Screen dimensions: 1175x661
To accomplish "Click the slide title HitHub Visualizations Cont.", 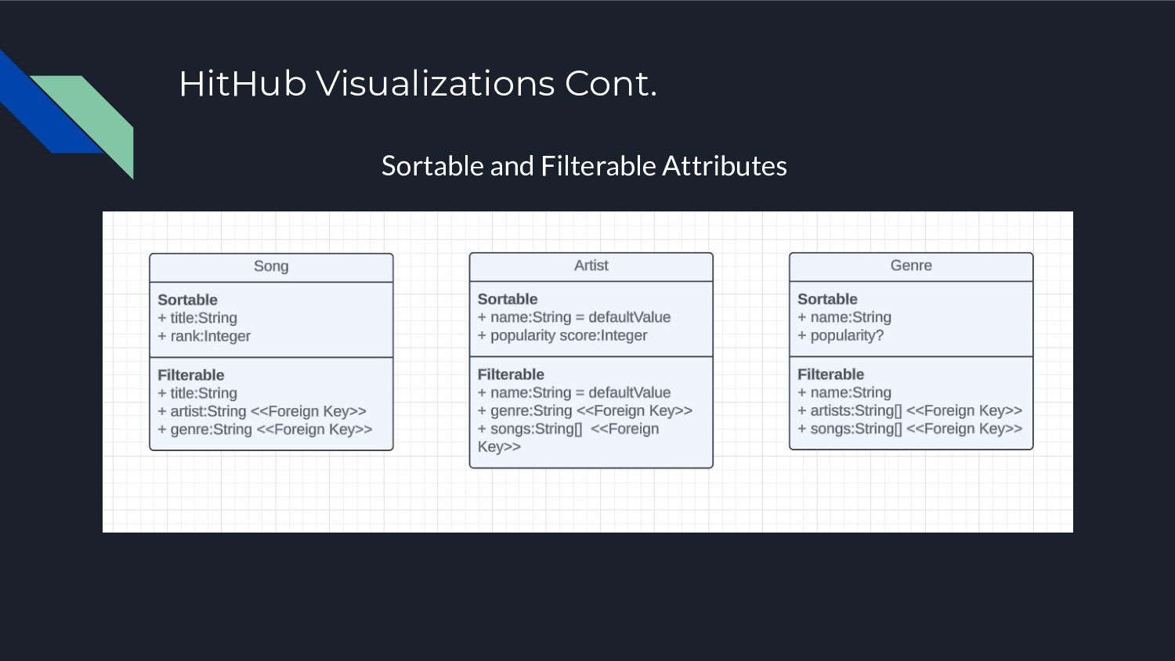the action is click(418, 84).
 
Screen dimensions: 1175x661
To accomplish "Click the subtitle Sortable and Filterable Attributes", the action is click(584, 166).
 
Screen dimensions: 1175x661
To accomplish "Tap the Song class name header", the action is click(271, 266).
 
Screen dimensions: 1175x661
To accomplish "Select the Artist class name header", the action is click(591, 265).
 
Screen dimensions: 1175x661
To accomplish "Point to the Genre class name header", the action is click(911, 265).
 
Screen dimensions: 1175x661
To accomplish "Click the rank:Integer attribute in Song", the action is click(204, 336).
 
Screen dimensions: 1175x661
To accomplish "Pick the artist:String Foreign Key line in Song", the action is click(262, 411).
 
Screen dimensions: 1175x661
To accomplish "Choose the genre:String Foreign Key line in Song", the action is click(266, 429).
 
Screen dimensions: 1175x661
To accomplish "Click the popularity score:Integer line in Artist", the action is click(562, 335).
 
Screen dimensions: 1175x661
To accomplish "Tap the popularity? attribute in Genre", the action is click(841, 335).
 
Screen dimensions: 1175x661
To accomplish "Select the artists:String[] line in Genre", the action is click(909, 410).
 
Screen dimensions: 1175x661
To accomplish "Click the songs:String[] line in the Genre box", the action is click(909, 428).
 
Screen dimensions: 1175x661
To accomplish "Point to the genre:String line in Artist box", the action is click(585, 410).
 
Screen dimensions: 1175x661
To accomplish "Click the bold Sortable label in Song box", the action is click(188, 300).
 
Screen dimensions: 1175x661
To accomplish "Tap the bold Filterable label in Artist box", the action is click(511, 374).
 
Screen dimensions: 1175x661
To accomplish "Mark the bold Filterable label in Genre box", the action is click(830, 374).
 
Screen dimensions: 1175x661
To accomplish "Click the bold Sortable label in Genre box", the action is click(827, 299).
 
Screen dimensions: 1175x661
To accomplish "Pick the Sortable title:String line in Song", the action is click(197, 318).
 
